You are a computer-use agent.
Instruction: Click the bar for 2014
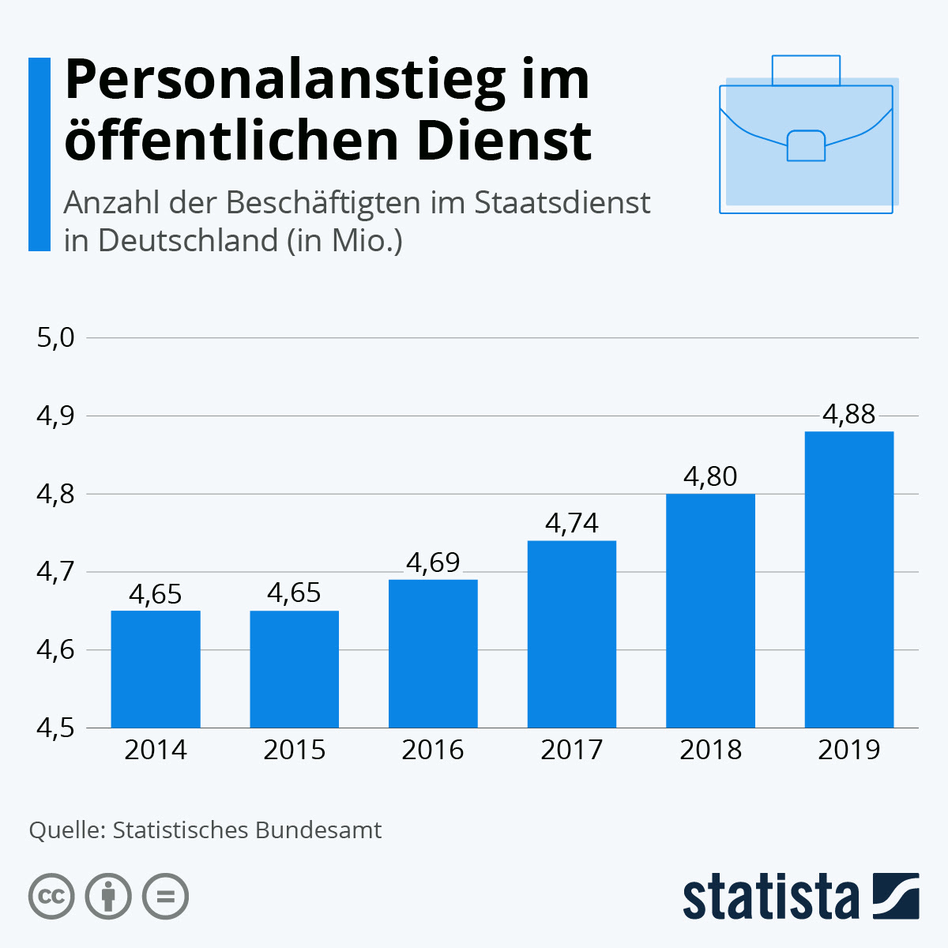pyautogui.click(x=156, y=669)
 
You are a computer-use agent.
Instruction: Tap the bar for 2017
pyautogui.click(x=572, y=634)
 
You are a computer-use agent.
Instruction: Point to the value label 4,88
pyautogui.click(x=849, y=414)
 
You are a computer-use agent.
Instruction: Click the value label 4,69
pyautogui.click(x=433, y=562)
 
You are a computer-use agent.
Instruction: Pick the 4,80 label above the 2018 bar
pyautogui.click(x=710, y=476)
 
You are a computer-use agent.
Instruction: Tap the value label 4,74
pyautogui.click(x=572, y=523)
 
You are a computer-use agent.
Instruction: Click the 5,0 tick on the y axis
pyautogui.click(x=55, y=338)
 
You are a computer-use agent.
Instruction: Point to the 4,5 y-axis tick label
pyautogui.click(x=55, y=728)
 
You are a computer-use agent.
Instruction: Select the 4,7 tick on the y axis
pyautogui.click(x=55, y=571)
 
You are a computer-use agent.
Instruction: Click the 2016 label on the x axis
pyautogui.click(x=433, y=750)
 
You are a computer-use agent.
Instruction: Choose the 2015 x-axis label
pyautogui.click(x=294, y=750)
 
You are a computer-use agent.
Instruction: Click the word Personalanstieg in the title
pyautogui.click(x=284, y=81)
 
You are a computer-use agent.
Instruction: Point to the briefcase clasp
pyautogui.click(x=806, y=145)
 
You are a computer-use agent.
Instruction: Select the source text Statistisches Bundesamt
pyautogui.click(x=247, y=830)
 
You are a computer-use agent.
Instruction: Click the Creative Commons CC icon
pyautogui.click(x=51, y=897)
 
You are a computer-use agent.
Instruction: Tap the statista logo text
pyautogui.click(x=770, y=897)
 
